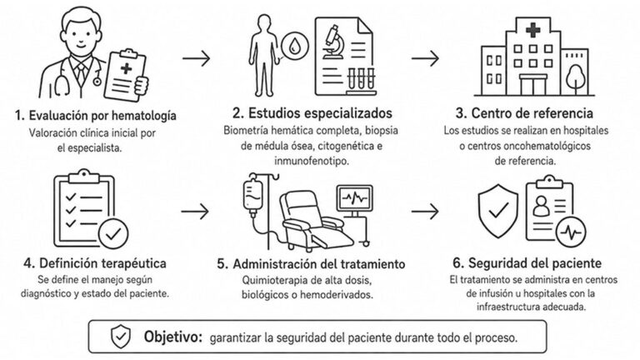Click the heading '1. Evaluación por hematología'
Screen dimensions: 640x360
click(96, 116)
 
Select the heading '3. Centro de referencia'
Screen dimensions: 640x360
click(524, 113)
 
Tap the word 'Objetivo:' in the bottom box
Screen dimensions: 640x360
click(173, 337)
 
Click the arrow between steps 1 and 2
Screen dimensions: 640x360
click(197, 58)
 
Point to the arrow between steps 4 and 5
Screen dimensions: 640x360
click(195, 212)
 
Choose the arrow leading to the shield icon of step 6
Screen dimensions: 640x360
click(425, 212)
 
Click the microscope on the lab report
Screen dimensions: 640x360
click(333, 42)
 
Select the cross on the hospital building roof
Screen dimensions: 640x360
click(532, 29)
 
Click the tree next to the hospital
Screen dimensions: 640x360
click(576, 79)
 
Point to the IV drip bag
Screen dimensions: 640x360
click(253, 196)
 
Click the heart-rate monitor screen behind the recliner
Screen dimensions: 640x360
click(355, 198)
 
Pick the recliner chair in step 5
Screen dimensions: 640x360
click(314, 222)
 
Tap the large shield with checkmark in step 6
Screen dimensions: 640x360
click(498, 211)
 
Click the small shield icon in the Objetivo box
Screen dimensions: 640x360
click(121, 337)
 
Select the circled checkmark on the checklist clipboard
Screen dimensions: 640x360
click(113, 234)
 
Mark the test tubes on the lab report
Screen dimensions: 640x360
click(361, 79)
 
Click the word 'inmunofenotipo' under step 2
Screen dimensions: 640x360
click(311, 161)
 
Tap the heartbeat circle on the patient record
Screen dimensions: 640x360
click(571, 232)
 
